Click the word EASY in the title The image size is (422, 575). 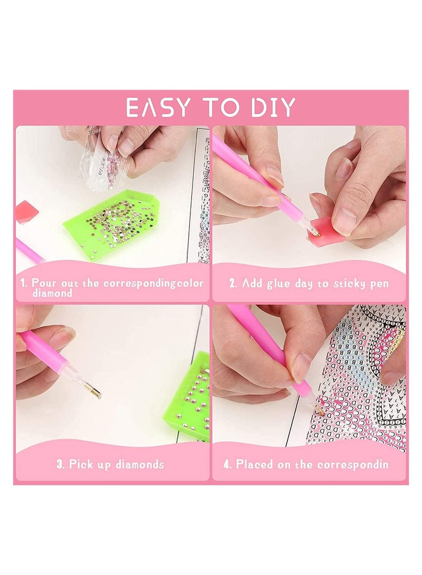click(158, 108)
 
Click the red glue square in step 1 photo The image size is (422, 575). click(26, 211)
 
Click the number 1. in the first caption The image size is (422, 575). click(24, 283)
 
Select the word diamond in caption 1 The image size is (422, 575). click(52, 294)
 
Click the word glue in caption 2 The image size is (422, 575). click(272, 284)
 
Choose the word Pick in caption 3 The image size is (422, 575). click(81, 465)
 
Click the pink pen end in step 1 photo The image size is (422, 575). click(29, 250)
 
